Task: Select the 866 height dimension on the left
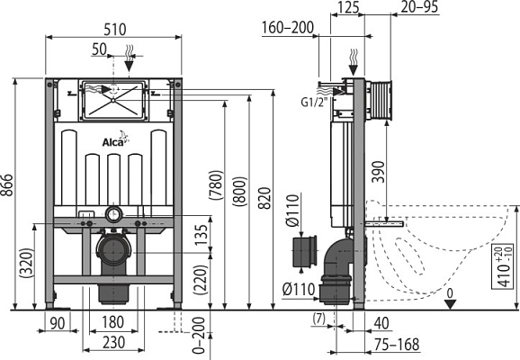pyautogui.click(x=8, y=193)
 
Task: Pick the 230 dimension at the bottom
pyautogui.click(x=113, y=343)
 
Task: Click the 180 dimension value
pyautogui.click(x=113, y=323)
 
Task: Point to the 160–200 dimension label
pyautogui.click(x=288, y=28)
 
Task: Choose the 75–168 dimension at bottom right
pyautogui.click(x=396, y=343)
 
